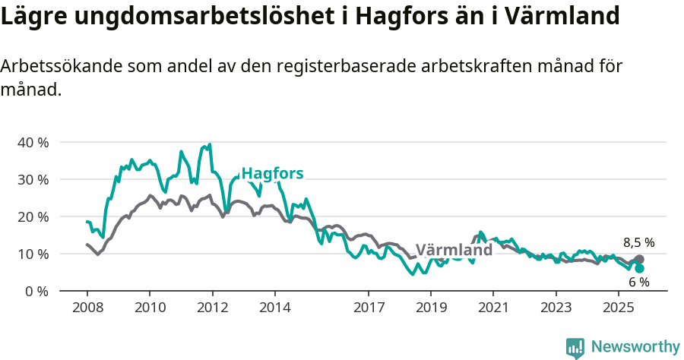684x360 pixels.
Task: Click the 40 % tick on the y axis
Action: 33,143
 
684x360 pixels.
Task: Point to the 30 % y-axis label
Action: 33,180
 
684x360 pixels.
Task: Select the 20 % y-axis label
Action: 33,217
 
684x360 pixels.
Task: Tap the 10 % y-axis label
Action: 33,254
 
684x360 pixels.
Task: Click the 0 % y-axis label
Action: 36,291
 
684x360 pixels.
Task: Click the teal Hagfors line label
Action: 272,174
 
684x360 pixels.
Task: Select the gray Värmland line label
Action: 454,250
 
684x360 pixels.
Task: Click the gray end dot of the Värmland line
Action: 640,260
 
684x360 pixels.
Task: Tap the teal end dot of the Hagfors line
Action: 640,269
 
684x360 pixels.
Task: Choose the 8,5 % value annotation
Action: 638,243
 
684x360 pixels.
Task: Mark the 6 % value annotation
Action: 638,283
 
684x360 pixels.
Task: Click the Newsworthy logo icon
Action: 575,348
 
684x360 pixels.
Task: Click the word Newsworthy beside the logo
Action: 635,347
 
